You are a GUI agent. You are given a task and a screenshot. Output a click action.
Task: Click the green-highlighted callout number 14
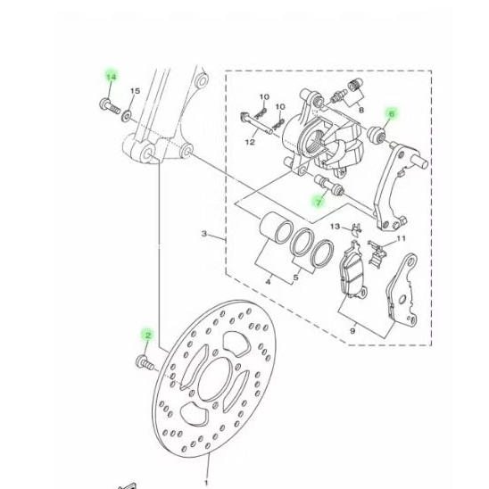pyautogui.click(x=111, y=78)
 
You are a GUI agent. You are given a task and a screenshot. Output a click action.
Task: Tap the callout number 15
pyautogui.click(x=136, y=91)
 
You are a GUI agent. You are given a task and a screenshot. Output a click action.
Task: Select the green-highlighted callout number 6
pyautogui.click(x=390, y=113)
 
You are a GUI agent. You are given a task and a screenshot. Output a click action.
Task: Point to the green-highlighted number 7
pyautogui.click(x=318, y=203)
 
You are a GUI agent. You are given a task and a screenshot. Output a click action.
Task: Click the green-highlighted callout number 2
pyautogui.click(x=148, y=335)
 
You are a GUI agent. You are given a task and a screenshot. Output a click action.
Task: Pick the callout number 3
pyautogui.click(x=204, y=235)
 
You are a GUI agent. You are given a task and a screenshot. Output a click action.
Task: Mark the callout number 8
pyautogui.click(x=361, y=110)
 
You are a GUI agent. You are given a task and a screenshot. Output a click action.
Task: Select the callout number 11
pyautogui.click(x=401, y=239)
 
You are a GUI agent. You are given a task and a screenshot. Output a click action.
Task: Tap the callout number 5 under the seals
pyautogui.click(x=297, y=278)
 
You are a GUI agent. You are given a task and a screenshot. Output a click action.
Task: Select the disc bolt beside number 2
pyautogui.click(x=143, y=362)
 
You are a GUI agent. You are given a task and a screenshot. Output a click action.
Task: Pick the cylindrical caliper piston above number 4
pyautogui.click(x=273, y=229)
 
